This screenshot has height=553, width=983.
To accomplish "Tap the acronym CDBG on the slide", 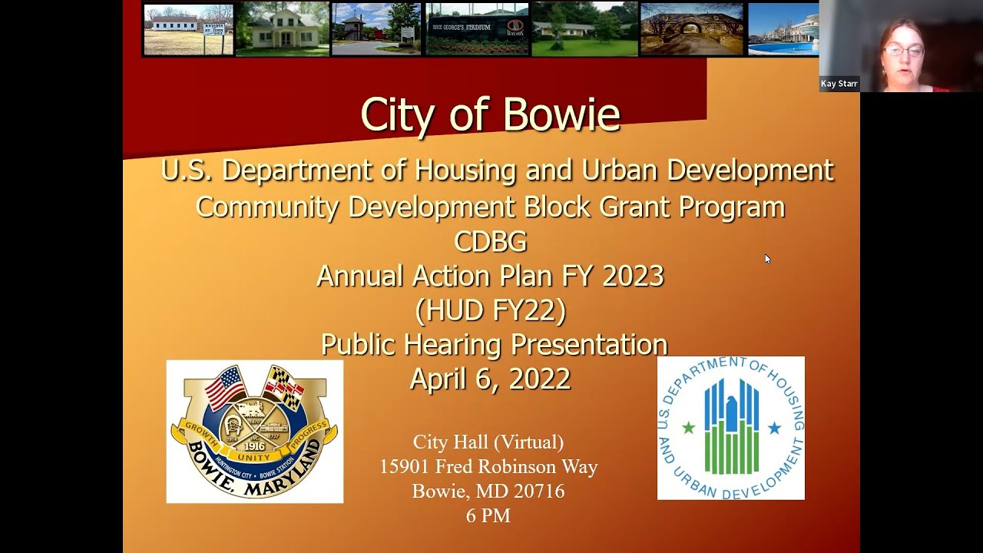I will pos(490,242).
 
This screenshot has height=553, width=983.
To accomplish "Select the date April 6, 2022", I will pos(490,379).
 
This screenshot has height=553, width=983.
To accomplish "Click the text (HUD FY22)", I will pos(490,310).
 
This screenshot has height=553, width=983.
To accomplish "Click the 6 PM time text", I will pos(488,515).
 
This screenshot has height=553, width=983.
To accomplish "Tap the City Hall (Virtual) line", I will pos(488,442).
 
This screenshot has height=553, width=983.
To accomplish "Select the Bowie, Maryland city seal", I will pos(254,432).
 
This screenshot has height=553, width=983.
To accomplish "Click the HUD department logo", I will pos(730,428).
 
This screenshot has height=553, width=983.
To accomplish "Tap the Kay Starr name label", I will pos(839,84).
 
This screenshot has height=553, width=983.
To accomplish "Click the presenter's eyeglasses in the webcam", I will pos(904,51).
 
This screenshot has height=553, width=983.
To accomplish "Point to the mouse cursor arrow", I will pos(766,259).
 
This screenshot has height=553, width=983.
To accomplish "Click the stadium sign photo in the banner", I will pos(477,29).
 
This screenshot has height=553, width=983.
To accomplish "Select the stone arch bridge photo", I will pos(691,29).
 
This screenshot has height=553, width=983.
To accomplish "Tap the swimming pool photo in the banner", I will pos(783,29).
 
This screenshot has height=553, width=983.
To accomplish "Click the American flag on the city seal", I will pos(225,387).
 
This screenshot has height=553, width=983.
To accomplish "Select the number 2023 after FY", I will pos(633,276).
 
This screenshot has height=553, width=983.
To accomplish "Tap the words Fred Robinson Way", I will pos(516,466).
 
